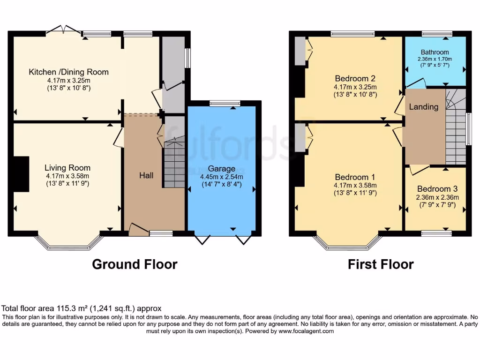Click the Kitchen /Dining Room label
[x=68, y=72]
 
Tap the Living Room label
[x=67, y=168]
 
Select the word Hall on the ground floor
[x=146, y=175]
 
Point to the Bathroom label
[x=435, y=52]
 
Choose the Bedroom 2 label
[x=355, y=78]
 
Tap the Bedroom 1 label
[x=355, y=177]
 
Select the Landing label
[x=424, y=107]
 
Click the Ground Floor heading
[x=135, y=264]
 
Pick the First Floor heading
[x=381, y=264]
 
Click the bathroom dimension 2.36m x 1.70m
[x=435, y=59]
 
